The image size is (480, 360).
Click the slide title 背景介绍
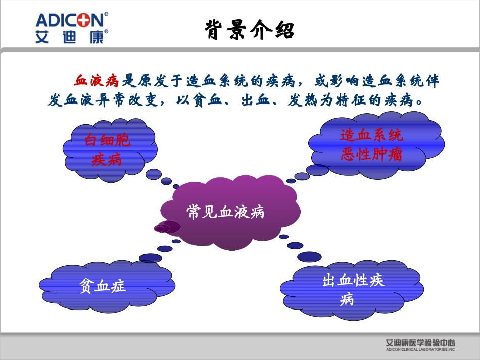(x=250, y=30)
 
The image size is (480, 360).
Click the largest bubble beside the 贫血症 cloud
(x=151, y=258)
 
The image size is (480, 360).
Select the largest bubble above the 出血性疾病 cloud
(x=309, y=256)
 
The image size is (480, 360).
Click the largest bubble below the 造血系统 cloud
(x=318, y=170)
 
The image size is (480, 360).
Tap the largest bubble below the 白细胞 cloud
(x=154, y=174)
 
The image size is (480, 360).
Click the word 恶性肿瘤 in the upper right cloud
(x=371, y=155)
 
